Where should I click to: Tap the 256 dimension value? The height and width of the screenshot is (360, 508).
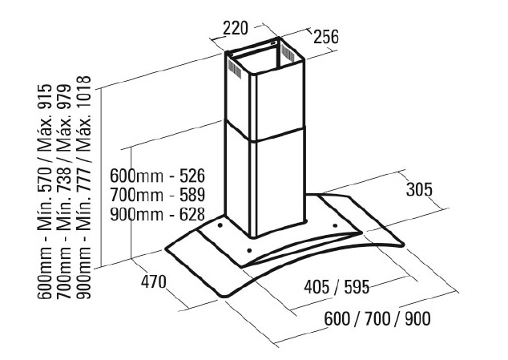pos(325,37)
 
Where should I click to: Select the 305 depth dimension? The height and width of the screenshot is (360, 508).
pos(418,191)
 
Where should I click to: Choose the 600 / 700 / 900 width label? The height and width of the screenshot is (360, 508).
pos(377,318)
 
